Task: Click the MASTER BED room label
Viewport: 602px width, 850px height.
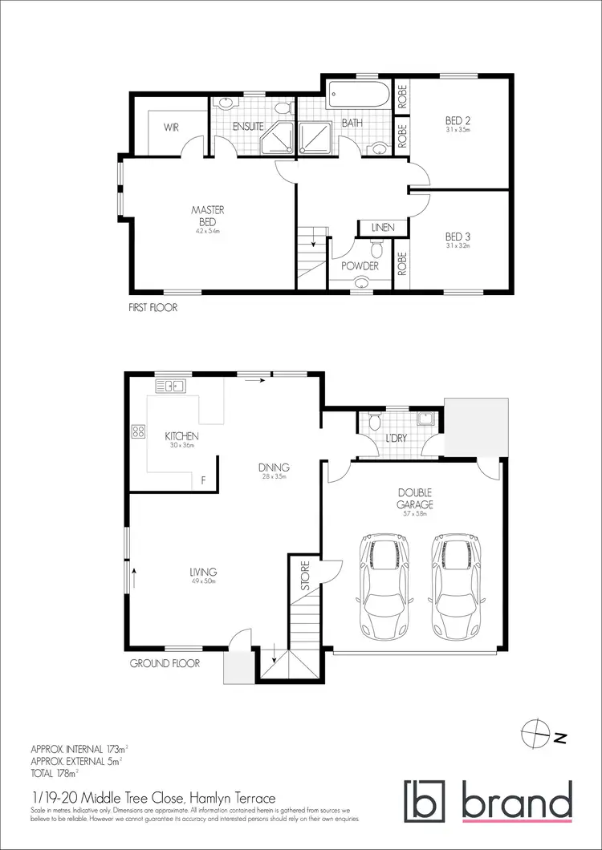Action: click(x=205, y=215)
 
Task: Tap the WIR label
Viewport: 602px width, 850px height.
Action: click(x=171, y=127)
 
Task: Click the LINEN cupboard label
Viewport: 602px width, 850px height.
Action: click(x=383, y=228)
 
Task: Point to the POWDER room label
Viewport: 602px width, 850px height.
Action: click(x=360, y=265)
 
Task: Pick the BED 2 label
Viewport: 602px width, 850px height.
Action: click(x=458, y=122)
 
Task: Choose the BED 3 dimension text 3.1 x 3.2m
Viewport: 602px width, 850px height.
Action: click(x=458, y=246)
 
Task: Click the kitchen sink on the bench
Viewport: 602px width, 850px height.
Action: click(x=170, y=387)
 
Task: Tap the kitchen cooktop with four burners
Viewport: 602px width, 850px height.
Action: click(x=136, y=431)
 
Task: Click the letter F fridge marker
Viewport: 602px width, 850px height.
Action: click(x=204, y=481)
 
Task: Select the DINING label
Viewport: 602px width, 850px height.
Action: click(x=274, y=467)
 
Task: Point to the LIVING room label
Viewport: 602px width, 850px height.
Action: click(x=204, y=572)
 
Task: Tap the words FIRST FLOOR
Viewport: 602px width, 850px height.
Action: click(x=153, y=307)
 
